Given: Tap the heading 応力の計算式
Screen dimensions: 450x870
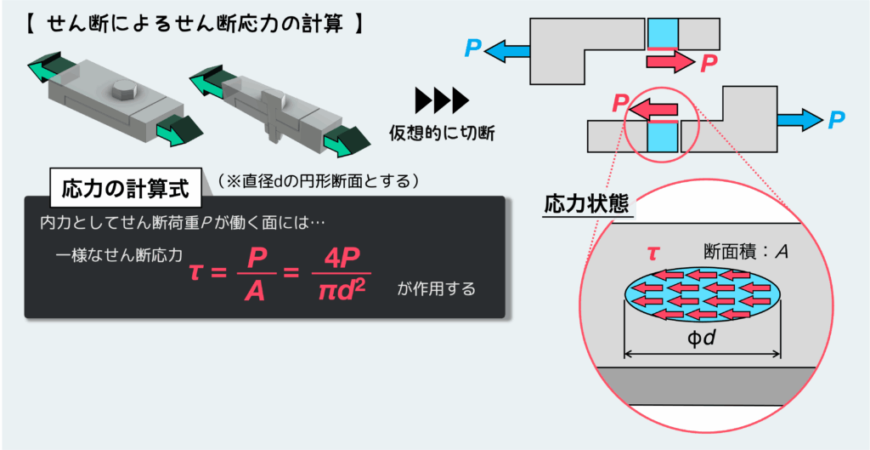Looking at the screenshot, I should (126, 188).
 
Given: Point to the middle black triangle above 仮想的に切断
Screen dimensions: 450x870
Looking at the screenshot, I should (442, 101).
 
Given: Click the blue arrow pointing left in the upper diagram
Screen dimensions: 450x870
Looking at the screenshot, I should (508, 50).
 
